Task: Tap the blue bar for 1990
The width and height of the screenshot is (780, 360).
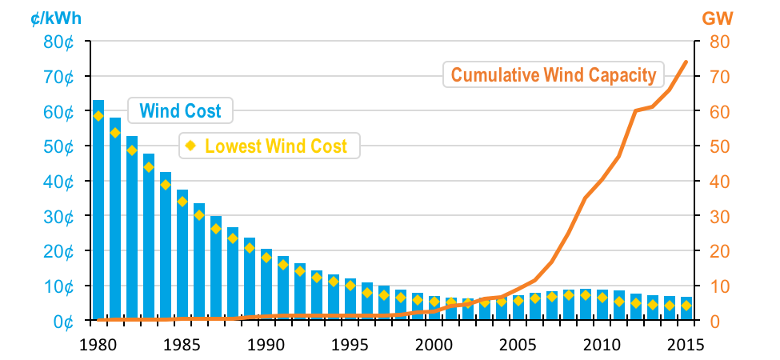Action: click(266, 288)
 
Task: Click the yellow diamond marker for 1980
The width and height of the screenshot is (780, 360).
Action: click(98, 115)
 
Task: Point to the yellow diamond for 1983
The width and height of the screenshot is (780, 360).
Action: click(149, 167)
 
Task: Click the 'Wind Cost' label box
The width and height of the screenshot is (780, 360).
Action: click(180, 110)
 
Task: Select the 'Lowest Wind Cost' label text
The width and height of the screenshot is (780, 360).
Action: click(276, 146)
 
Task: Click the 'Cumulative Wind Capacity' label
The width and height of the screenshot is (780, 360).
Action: click(554, 75)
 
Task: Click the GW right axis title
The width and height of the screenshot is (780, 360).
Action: click(718, 17)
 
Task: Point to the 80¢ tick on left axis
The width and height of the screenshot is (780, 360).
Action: click(60, 42)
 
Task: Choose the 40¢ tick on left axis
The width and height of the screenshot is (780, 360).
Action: click(60, 182)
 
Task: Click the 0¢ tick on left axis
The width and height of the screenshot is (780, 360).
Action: click(64, 321)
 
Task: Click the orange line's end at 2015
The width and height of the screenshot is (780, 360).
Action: click(686, 62)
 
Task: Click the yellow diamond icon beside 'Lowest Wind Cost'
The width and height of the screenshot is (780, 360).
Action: click(190, 146)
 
